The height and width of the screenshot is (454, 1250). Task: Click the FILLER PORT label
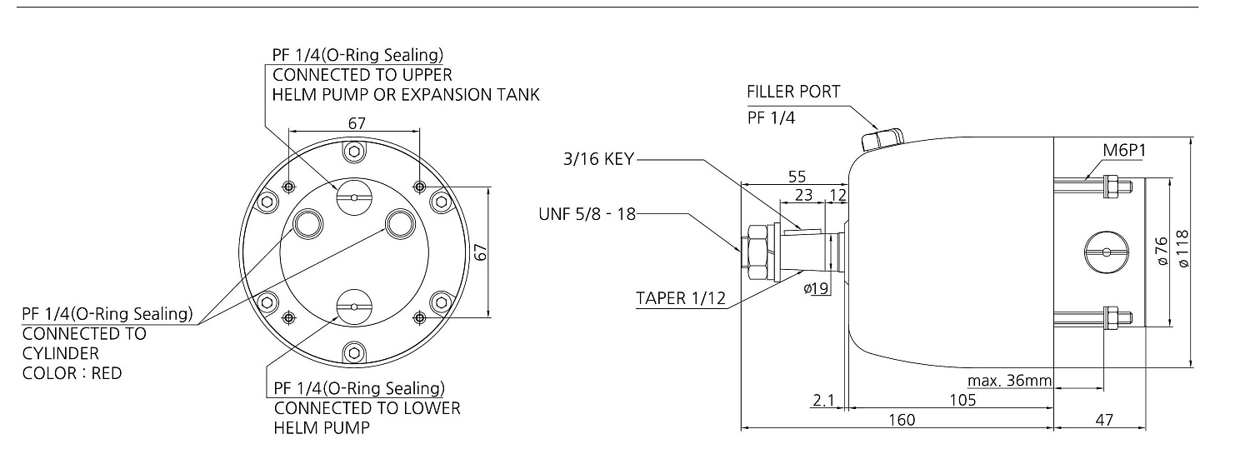pyautogui.click(x=793, y=92)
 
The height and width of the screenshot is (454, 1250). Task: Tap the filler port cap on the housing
pyautogui.click(x=882, y=139)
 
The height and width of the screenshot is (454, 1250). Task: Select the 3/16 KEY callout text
pyautogui.click(x=599, y=159)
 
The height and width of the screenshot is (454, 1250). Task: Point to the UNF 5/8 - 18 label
pyautogui.click(x=587, y=214)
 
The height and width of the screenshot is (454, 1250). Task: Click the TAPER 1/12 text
pyautogui.click(x=681, y=298)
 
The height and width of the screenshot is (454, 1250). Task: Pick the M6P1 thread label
pyautogui.click(x=1124, y=151)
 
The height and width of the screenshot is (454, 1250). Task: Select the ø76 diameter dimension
pyautogui.click(x=1162, y=251)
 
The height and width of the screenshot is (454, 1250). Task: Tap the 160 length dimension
pyautogui.click(x=902, y=420)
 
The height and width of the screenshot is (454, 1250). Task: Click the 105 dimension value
pyautogui.click(x=963, y=400)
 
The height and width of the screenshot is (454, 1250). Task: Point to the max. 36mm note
pyautogui.click(x=1009, y=381)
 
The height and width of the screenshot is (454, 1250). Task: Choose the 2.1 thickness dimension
pyautogui.click(x=823, y=401)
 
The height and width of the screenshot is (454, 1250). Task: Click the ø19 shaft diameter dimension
pyautogui.click(x=816, y=288)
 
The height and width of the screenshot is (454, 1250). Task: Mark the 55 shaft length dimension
pyautogui.click(x=797, y=177)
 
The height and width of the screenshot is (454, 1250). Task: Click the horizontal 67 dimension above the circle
pyautogui.click(x=357, y=123)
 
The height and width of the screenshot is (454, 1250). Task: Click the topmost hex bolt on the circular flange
pyautogui.click(x=354, y=151)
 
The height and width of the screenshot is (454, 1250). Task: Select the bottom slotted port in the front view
pyautogui.click(x=354, y=307)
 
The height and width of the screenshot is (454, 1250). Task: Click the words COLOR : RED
pyautogui.click(x=72, y=373)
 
